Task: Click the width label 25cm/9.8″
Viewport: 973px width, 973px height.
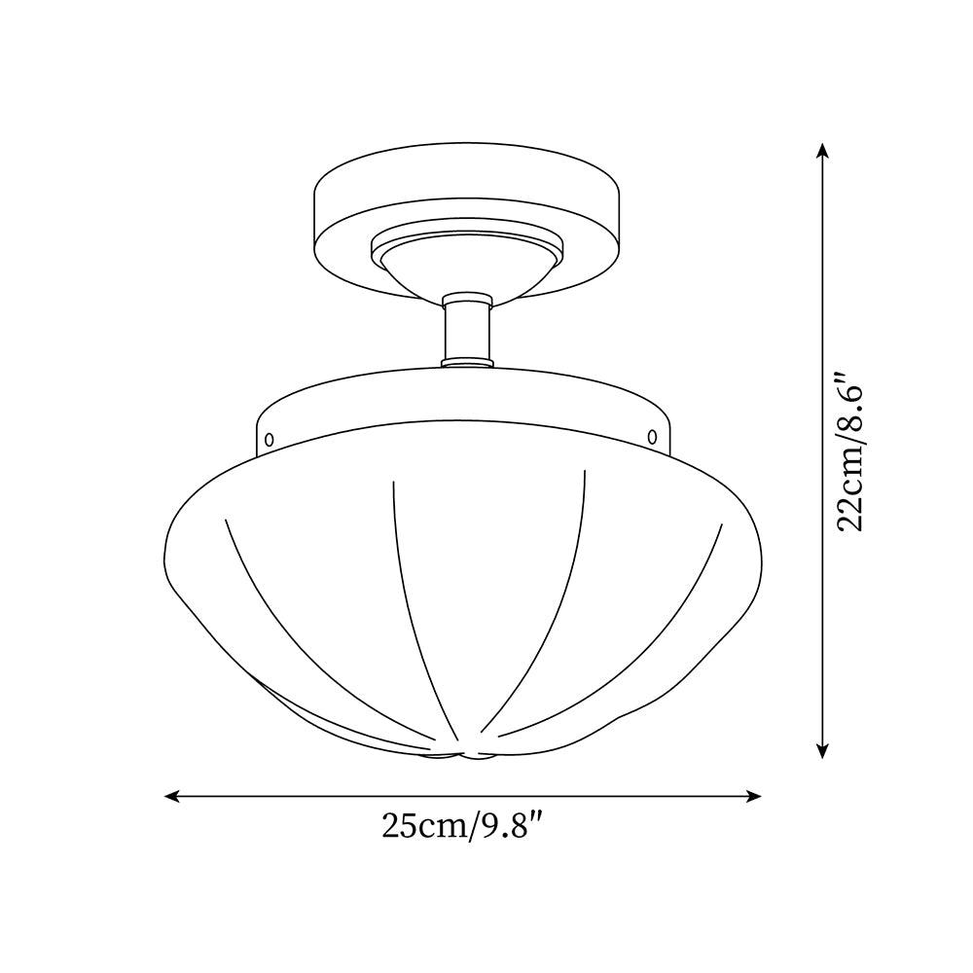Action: pos(460,827)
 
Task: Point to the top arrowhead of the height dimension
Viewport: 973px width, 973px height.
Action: pos(823,151)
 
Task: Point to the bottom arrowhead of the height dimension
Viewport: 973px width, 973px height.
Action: pos(823,750)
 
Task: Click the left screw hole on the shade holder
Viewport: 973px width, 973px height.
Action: pos(270,439)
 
